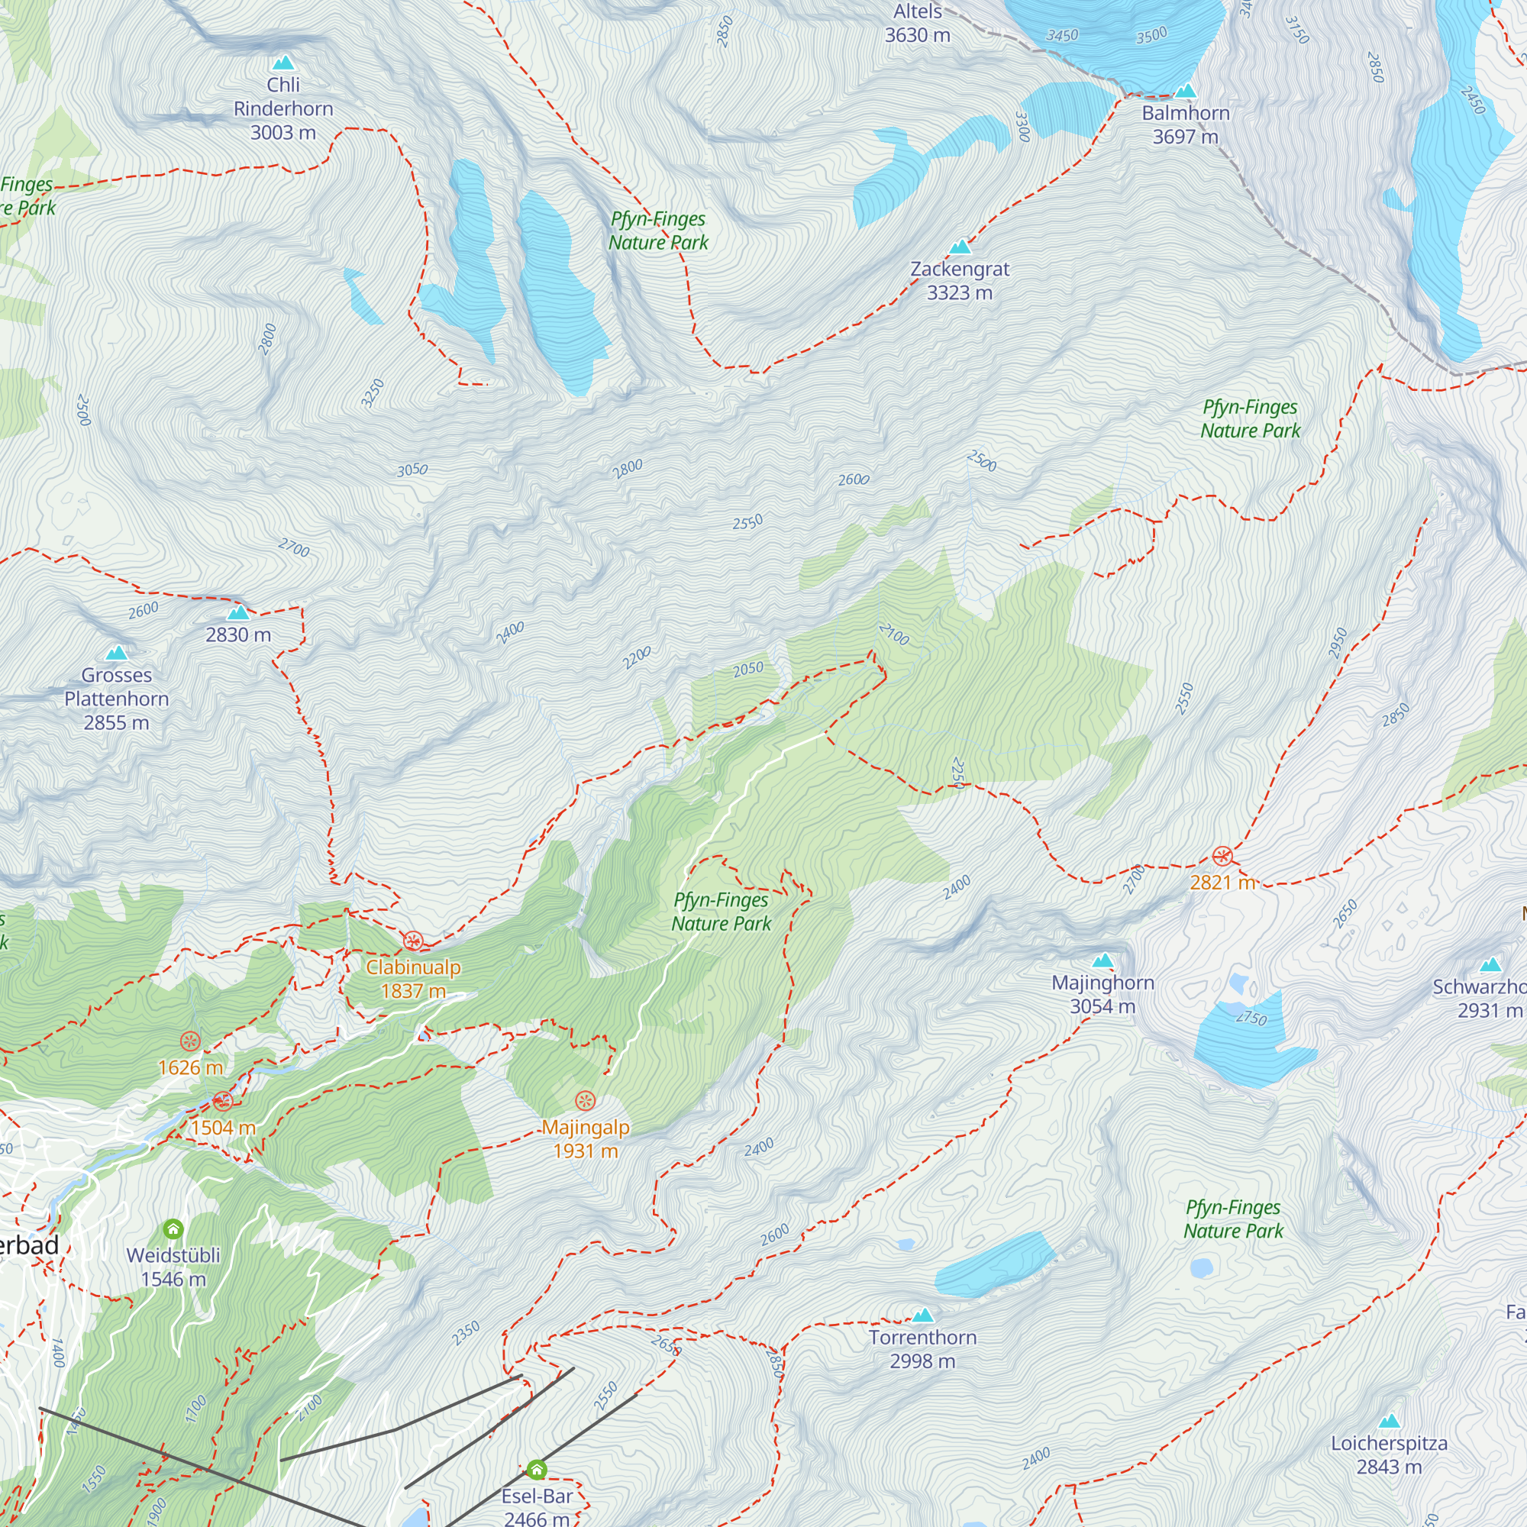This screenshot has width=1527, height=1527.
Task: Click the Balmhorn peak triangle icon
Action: (1185, 91)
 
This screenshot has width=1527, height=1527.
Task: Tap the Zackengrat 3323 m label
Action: (960, 280)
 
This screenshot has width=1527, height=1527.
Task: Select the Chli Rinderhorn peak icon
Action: (283, 63)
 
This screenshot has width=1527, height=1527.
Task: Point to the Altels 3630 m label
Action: (917, 24)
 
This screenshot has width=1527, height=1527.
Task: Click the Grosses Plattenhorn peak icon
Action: (117, 653)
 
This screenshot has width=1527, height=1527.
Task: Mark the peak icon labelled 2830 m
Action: (238, 612)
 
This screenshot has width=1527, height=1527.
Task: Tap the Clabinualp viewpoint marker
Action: (412, 941)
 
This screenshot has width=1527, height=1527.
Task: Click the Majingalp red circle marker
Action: (585, 1100)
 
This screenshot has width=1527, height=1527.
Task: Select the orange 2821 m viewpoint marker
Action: (1222, 856)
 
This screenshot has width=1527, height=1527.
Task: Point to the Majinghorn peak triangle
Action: (1102, 961)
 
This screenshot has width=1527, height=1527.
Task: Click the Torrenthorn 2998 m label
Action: (922, 1349)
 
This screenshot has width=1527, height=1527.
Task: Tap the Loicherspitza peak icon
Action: (1389, 1422)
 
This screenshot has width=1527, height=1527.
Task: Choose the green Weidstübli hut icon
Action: (173, 1229)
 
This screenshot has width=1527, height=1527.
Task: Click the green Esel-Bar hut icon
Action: (537, 1469)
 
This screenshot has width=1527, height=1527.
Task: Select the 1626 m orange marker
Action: (189, 1041)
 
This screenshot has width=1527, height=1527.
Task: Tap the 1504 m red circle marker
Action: (223, 1100)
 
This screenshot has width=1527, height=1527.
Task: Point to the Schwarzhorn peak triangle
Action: (1490, 965)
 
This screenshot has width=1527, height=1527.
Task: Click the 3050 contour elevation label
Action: (412, 470)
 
